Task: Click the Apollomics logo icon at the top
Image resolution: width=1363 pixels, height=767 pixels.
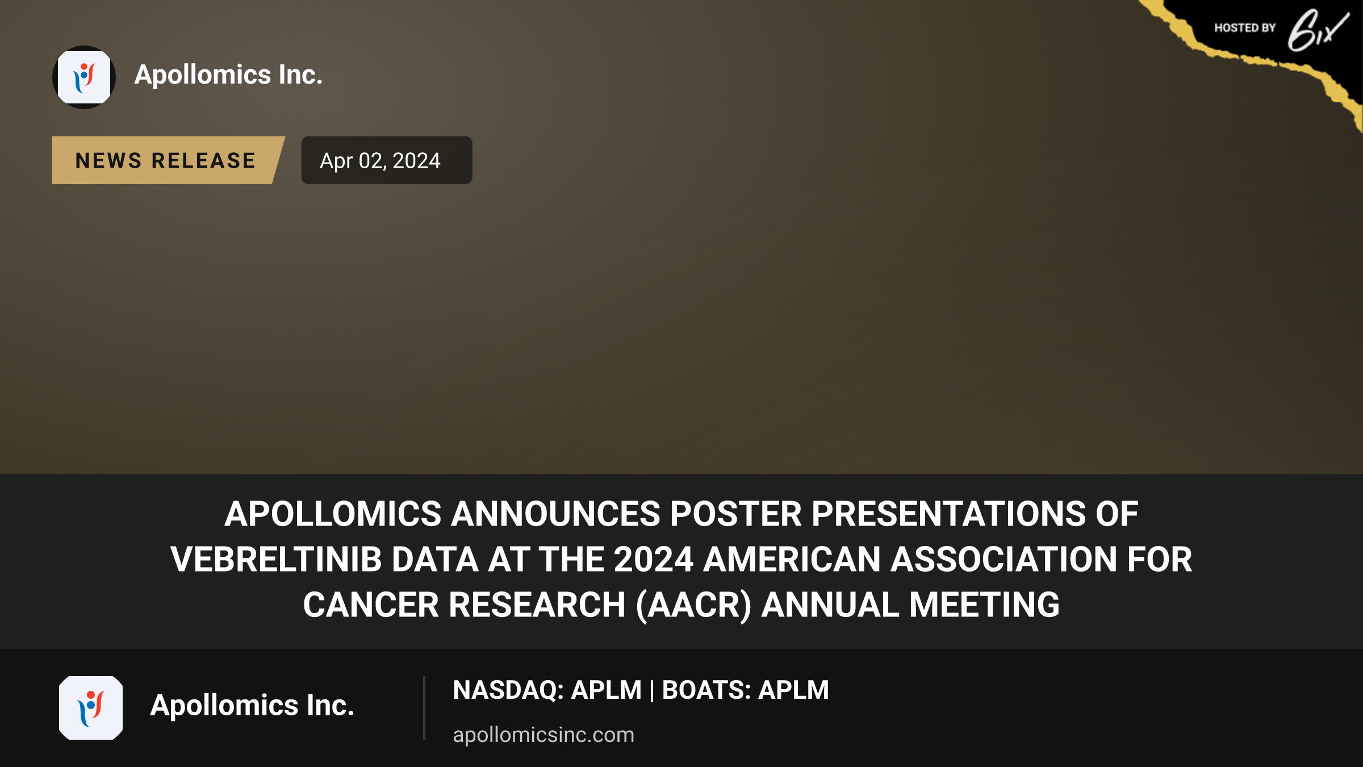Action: point(84,77)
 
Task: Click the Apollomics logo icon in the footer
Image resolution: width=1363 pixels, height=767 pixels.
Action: point(91,708)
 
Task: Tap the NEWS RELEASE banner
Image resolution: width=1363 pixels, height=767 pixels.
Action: point(166,160)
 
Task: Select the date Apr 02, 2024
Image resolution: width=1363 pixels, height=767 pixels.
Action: point(380,161)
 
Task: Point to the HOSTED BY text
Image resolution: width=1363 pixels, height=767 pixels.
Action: point(1245,28)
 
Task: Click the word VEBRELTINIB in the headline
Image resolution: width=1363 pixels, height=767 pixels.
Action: point(276,560)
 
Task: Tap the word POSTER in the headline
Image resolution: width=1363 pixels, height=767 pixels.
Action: point(736,514)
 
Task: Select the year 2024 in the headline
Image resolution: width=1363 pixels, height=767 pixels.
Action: point(654,560)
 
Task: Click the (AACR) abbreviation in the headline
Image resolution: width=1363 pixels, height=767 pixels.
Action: point(693,606)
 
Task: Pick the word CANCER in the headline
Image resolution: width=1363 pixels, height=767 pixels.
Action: point(371,605)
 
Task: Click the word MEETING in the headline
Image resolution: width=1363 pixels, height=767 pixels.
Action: point(984,605)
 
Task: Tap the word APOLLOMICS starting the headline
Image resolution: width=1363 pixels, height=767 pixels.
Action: point(333,514)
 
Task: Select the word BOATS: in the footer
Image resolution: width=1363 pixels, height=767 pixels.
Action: point(706,690)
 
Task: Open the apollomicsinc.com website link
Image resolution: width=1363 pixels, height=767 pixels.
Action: point(543,735)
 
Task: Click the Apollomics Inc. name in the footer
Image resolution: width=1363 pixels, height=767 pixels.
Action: point(252,706)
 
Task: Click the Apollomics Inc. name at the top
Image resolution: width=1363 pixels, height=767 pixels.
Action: point(228,75)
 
